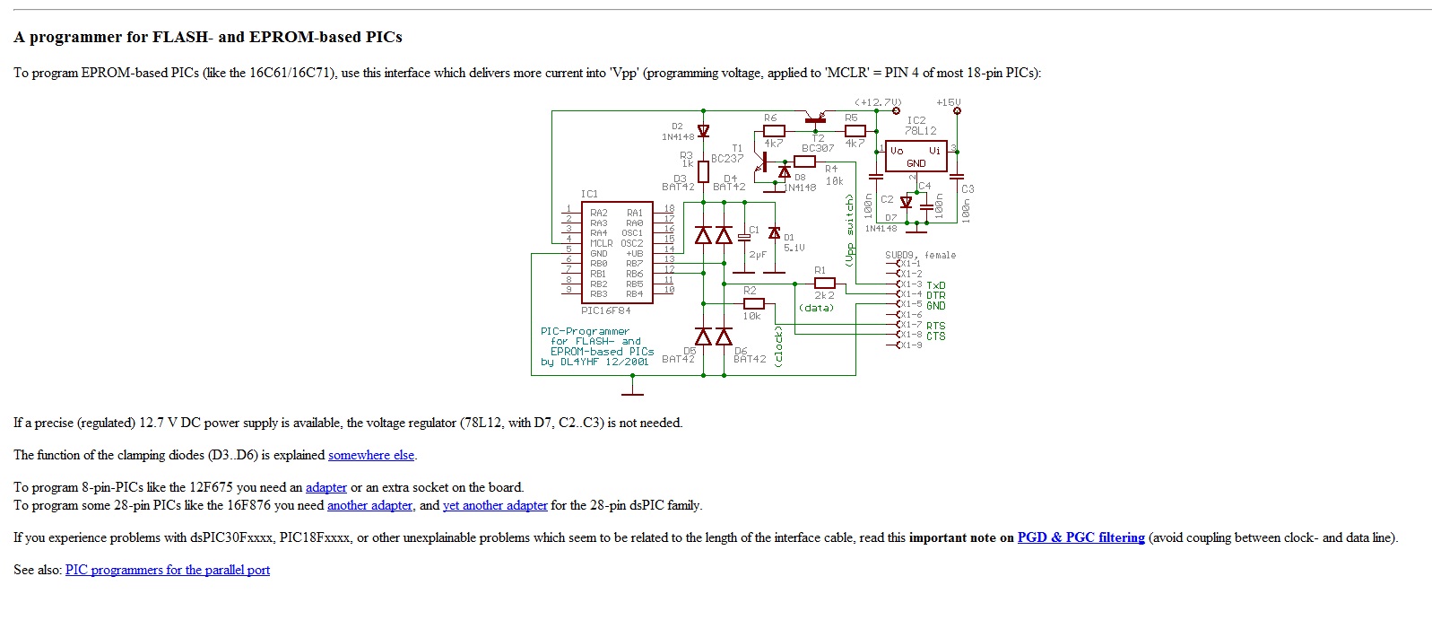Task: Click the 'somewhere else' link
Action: point(370,455)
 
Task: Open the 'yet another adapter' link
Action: point(495,505)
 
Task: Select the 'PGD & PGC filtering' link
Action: point(1081,537)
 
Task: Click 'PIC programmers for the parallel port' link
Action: point(168,570)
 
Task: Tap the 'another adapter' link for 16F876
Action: point(369,505)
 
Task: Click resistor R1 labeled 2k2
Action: point(824,284)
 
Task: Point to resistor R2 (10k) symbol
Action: point(753,303)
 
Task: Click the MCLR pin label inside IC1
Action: point(601,243)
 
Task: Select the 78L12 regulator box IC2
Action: point(916,156)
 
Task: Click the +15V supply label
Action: point(948,102)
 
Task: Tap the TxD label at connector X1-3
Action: point(935,285)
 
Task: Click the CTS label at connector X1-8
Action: point(935,336)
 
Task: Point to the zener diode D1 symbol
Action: point(775,233)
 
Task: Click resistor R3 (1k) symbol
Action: point(703,170)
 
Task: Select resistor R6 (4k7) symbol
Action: point(773,131)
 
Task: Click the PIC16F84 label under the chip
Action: point(605,310)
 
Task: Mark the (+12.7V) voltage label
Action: point(877,102)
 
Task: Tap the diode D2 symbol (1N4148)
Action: point(703,132)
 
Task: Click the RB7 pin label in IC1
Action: point(634,264)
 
